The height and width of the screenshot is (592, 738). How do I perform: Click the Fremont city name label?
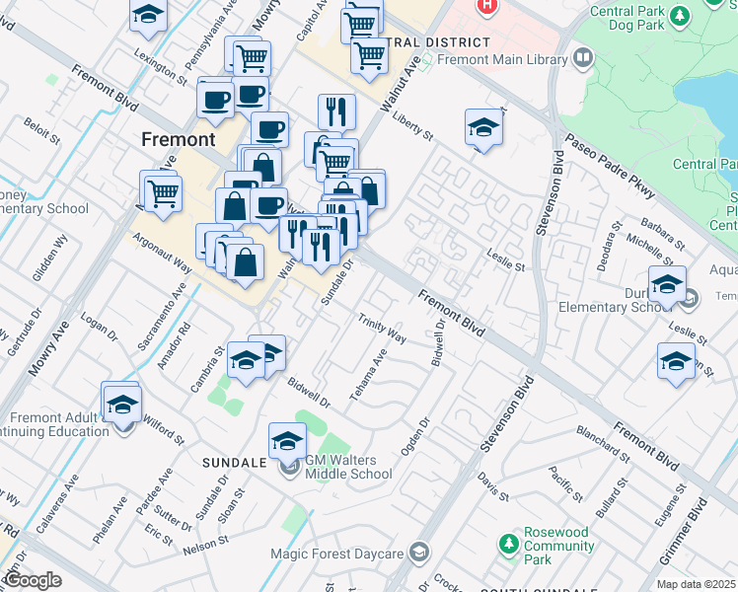178,139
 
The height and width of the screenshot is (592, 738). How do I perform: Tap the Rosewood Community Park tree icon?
508,543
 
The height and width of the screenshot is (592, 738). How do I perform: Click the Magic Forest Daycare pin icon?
421,551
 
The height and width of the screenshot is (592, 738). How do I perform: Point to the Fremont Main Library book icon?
583,59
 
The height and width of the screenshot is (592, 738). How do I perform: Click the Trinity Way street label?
382,330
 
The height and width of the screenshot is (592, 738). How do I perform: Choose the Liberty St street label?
412,127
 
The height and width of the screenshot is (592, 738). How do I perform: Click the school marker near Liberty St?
482,128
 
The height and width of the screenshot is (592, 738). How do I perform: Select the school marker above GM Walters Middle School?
288,439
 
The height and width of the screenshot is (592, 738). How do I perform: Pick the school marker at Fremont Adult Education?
123,405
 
